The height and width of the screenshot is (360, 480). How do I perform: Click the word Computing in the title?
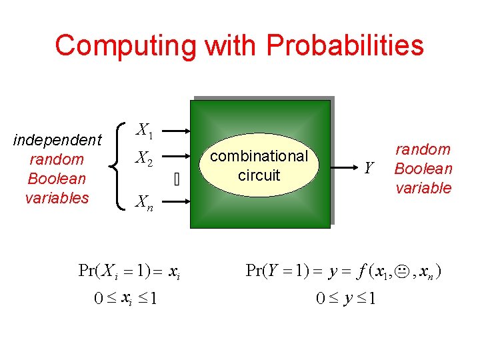click(126, 46)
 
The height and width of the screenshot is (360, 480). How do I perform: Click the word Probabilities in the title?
click(345, 46)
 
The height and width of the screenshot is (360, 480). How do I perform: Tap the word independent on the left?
click(57, 140)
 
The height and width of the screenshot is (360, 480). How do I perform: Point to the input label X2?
click(145, 158)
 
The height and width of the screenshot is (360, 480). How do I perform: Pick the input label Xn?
click(145, 202)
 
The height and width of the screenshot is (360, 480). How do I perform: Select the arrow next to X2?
click(176, 158)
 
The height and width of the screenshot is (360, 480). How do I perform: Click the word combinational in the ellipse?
click(259, 156)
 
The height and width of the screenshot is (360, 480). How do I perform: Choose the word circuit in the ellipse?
click(259, 175)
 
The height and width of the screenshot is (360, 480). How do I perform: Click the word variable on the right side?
click(423, 188)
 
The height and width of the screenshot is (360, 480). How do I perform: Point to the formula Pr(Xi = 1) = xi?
click(127, 271)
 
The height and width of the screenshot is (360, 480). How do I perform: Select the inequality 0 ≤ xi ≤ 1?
click(125, 299)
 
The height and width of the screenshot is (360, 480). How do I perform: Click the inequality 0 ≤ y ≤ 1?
click(345, 299)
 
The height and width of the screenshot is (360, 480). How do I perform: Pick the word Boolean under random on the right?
click(423, 169)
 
